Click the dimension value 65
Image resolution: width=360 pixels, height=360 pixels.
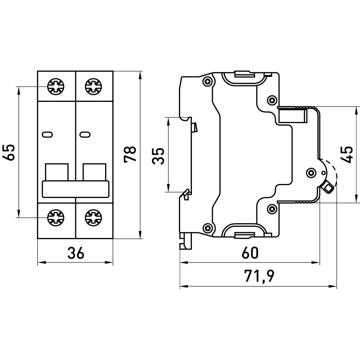[10, 152]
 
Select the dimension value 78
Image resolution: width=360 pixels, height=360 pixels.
[130, 154]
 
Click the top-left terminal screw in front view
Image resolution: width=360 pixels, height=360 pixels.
[56, 86]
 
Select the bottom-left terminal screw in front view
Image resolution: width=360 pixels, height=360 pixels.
[56, 217]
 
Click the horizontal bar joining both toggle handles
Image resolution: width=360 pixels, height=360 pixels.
[76, 189]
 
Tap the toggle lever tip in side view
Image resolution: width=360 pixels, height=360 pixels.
[328, 186]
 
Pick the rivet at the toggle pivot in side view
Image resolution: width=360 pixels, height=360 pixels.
[310, 172]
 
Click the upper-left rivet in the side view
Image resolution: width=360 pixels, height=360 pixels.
[207, 82]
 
